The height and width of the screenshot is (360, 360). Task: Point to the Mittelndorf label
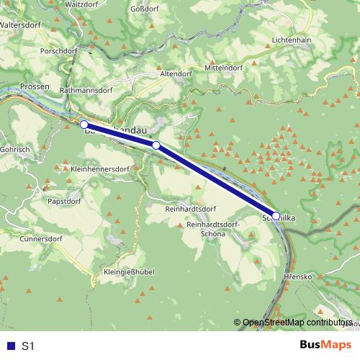click(x=223, y=67)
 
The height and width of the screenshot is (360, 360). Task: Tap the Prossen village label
click(x=35, y=86)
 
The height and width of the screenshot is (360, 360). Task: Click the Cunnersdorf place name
click(x=42, y=238)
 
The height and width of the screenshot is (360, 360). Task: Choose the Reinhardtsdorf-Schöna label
click(x=215, y=230)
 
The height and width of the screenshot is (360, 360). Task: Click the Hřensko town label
click(x=297, y=276)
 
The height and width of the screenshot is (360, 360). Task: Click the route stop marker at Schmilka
click(x=276, y=215)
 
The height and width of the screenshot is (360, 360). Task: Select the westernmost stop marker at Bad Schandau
click(x=84, y=125)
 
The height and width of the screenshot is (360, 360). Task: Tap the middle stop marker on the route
click(x=156, y=145)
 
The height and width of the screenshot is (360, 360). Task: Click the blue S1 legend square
click(x=9, y=346)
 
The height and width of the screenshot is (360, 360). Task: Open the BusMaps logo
click(x=324, y=346)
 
